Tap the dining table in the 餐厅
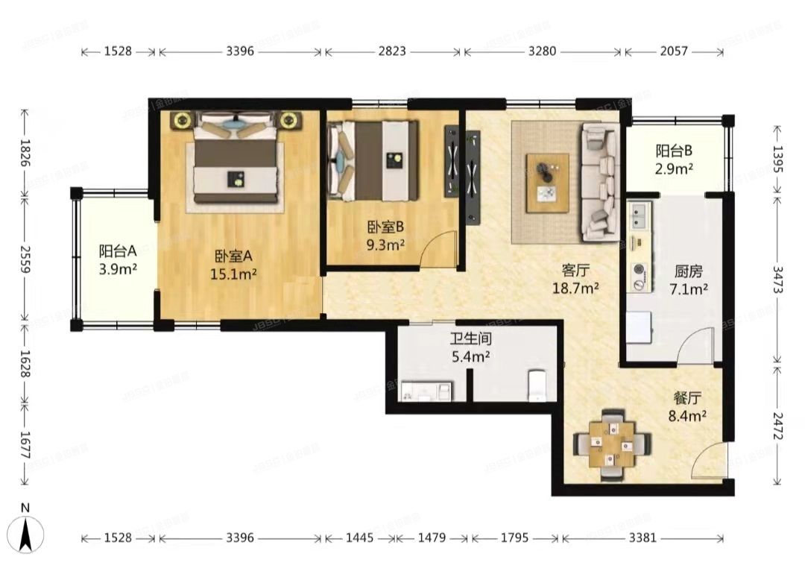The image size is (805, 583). [611, 444]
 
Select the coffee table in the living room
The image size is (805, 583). [547, 183]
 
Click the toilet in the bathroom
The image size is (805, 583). [536, 385]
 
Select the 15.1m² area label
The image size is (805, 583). [233, 274]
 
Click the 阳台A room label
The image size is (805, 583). [118, 251]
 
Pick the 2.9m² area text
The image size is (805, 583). [674, 168]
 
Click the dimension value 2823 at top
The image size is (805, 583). [392, 51]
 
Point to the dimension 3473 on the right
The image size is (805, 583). [777, 280]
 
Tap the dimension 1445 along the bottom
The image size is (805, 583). [359, 538]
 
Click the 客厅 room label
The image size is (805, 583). [575, 270]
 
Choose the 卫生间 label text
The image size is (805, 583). [471, 338]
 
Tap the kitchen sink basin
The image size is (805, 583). [640, 215]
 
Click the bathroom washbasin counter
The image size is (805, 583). [426, 391]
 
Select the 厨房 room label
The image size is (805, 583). [689, 271]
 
